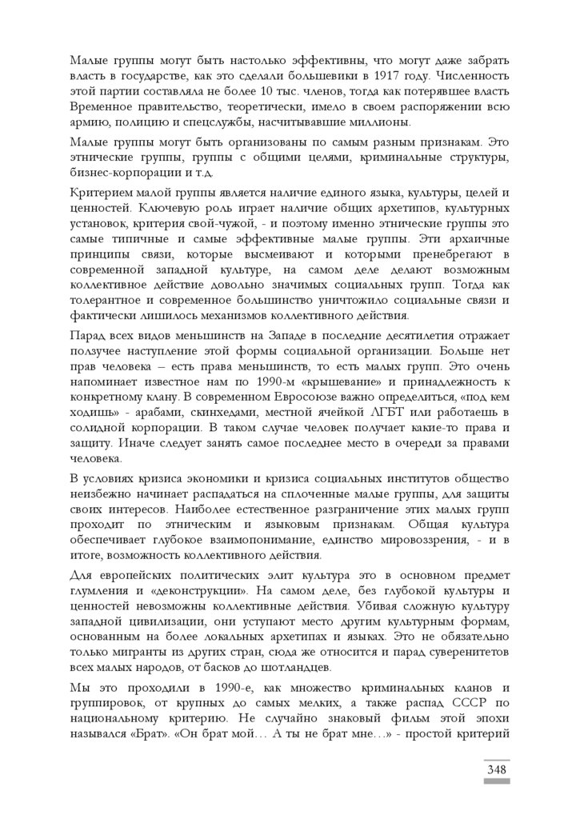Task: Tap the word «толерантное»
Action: tap(106, 300)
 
